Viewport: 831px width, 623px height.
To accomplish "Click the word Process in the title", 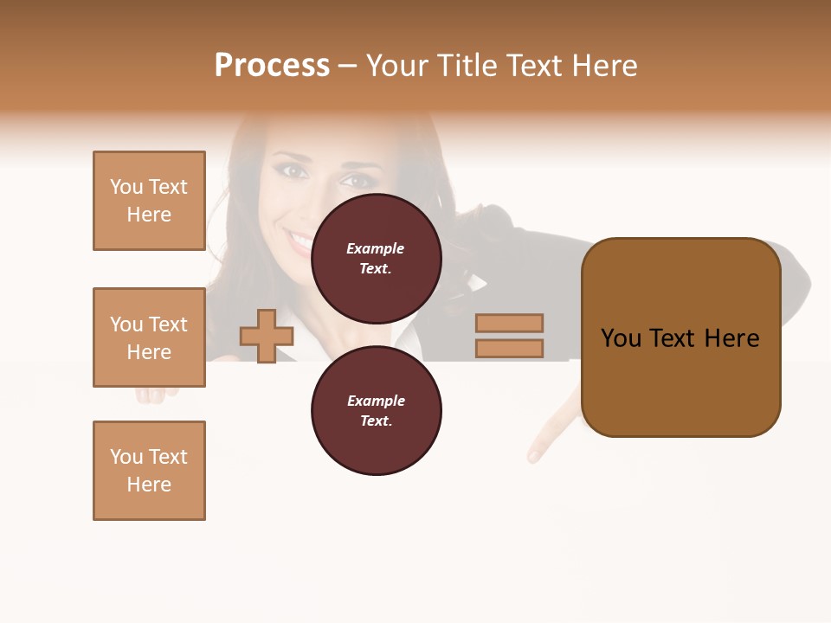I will coord(272,66).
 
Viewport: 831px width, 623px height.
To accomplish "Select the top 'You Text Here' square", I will coord(149,201).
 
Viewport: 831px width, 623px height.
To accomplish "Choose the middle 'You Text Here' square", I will coord(149,337).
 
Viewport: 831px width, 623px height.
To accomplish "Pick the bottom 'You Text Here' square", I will coord(149,471).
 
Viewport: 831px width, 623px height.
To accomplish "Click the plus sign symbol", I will coord(267,337).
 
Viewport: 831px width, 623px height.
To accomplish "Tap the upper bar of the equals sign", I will coord(509,323).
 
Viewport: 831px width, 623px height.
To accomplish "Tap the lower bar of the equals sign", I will coord(509,349).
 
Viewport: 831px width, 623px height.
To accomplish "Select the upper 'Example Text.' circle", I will coord(376,258).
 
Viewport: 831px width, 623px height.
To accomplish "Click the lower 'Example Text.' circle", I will coord(376,410).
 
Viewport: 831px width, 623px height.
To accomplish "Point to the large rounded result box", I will coord(680,337).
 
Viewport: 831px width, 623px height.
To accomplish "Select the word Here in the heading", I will coord(605,66).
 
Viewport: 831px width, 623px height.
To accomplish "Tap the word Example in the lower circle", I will coord(376,401).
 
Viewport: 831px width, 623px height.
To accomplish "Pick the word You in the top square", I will coord(126,187).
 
